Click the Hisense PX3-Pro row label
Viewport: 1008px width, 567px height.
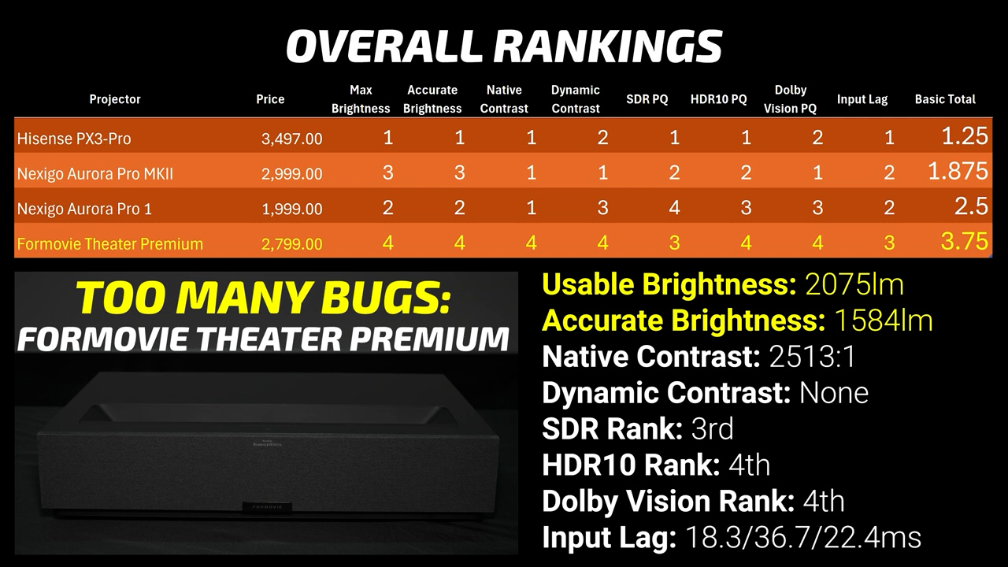coord(74,139)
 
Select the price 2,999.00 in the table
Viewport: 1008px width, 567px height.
coord(291,174)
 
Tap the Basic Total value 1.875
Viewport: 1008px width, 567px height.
coord(958,171)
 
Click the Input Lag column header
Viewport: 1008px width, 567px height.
coord(862,99)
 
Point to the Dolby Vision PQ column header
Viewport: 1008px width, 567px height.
coord(790,99)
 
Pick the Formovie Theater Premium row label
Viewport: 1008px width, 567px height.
coord(110,244)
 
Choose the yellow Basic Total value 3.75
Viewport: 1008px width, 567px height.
coord(965,242)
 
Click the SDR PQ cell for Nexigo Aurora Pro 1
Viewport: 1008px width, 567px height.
coord(674,208)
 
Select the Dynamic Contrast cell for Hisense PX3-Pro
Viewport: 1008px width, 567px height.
coord(602,138)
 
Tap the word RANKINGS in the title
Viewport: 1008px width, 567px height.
coord(608,46)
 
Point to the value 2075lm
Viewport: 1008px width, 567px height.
coord(854,285)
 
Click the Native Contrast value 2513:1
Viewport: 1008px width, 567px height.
coord(812,357)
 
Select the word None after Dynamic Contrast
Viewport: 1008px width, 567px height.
coord(834,393)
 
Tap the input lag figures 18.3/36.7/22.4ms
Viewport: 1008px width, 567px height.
coord(804,538)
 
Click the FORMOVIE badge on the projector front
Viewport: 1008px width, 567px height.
coord(267,506)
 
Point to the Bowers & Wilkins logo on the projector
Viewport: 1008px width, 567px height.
coord(267,443)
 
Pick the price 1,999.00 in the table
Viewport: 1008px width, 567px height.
coord(291,209)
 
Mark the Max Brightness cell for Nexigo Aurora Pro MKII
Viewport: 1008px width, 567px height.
coord(387,172)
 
